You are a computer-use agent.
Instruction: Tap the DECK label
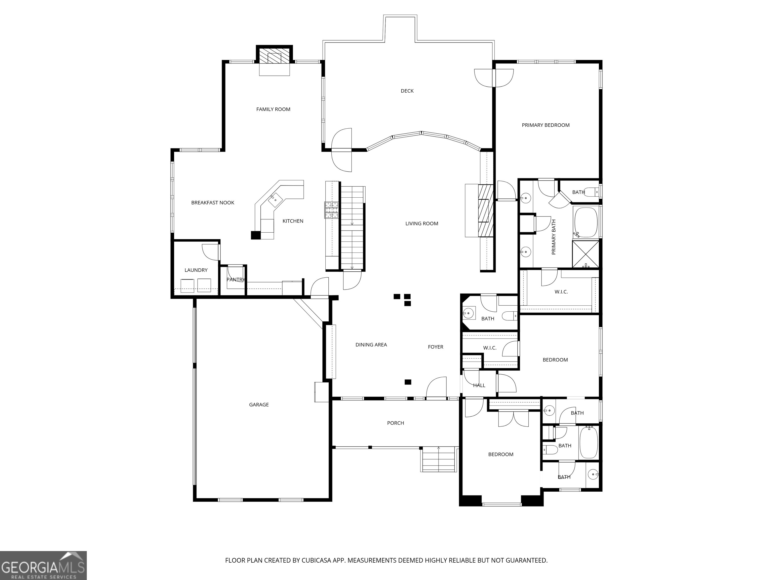[x=407, y=91]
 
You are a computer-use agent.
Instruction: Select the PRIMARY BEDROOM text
[x=546, y=125]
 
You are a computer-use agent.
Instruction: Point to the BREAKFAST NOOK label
[x=212, y=203]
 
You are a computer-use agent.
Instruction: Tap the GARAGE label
[x=259, y=405]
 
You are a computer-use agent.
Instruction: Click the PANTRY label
[x=236, y=280]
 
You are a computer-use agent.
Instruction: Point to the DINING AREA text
[x=371, y=345]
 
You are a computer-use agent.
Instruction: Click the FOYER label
[x=435, y=347]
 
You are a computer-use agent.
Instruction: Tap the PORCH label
[x=396, y=423]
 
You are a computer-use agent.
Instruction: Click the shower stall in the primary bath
[x=585, y=253]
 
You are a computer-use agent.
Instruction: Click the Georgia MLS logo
[x=43, y=565]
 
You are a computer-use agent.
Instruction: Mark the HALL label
[x=479, y=385]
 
